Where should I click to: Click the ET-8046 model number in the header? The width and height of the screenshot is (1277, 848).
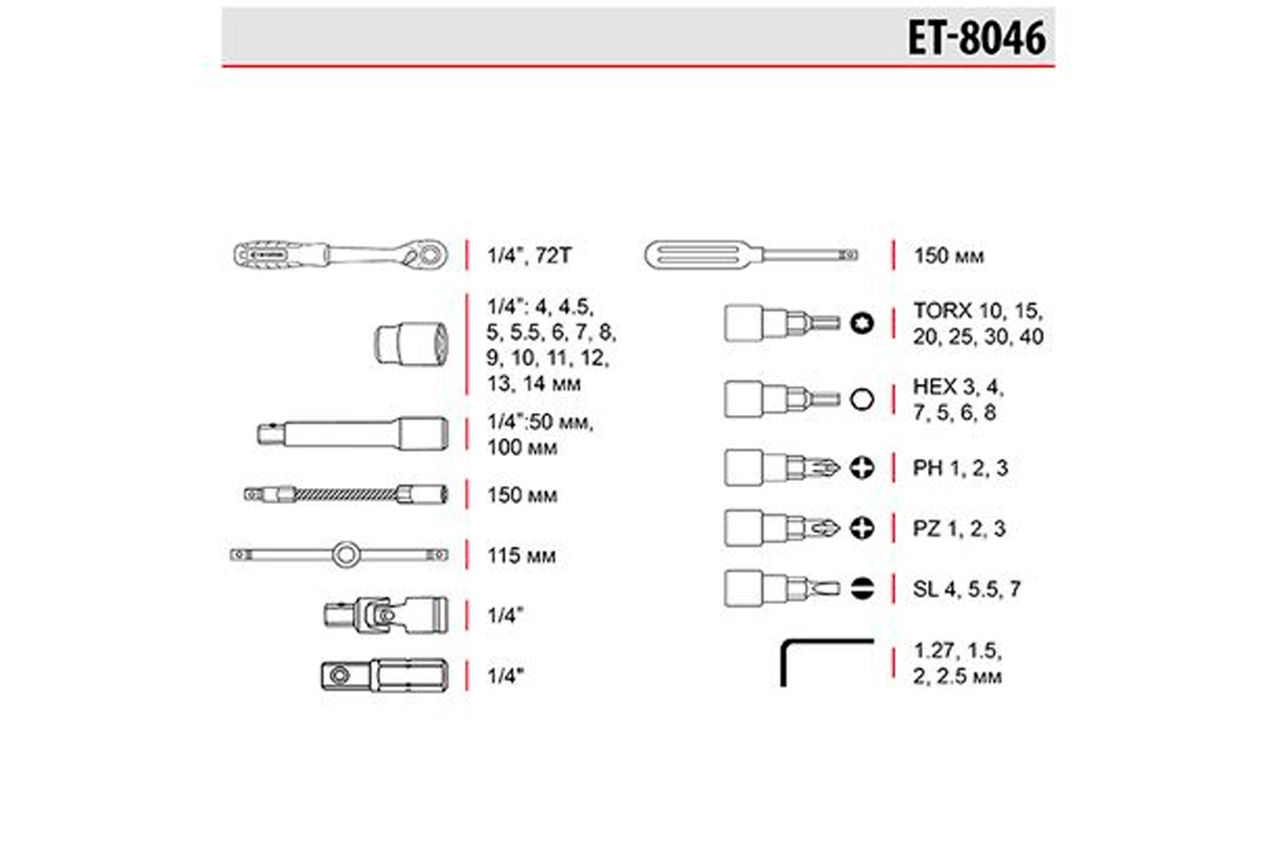[977, 38]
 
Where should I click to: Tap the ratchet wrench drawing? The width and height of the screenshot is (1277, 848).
[341, 254]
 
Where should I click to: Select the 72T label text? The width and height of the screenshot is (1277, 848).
[553, 255]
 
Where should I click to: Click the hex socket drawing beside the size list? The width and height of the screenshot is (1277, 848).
[411, 343]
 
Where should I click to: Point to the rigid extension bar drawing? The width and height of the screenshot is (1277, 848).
[352, 434]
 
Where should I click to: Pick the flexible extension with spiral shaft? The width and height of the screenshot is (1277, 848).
[346, 494]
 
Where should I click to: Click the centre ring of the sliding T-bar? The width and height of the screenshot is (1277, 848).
[345, 555]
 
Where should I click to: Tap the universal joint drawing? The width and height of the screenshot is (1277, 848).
[386, 615]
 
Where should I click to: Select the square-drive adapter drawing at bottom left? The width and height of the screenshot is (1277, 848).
[385, 675]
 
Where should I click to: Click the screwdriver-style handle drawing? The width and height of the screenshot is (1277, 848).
[751, 254]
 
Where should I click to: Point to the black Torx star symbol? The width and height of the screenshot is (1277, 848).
[861, 323]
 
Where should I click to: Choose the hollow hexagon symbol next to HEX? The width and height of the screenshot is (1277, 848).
[861, 399]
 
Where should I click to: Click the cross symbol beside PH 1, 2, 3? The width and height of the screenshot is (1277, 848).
[861, 468]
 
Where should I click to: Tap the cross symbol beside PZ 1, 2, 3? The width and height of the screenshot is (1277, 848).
[861, 529]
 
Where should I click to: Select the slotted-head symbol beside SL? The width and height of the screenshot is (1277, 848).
[861, 589]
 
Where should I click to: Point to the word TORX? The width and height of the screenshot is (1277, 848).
[943, 311]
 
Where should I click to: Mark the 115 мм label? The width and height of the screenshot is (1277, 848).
[521, 555]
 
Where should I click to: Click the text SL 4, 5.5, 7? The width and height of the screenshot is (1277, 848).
[967, 589]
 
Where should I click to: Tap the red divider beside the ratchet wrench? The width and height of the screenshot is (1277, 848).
[467, 254]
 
